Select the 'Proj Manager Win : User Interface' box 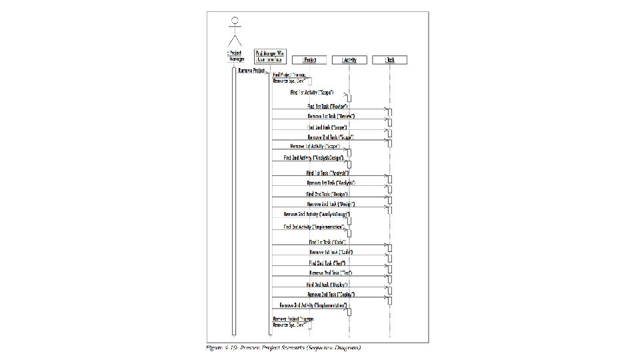point(269,54)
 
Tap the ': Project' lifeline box point(310,59)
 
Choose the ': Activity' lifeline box point(349,59)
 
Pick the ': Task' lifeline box point(389,59)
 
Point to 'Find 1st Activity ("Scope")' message point(312,93)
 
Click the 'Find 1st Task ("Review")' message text point(327,106)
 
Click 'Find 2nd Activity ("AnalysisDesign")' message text point(313,157)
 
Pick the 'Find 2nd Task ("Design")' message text point(327,193)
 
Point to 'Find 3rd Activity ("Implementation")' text point(313,227)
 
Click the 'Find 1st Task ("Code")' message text point(327,242)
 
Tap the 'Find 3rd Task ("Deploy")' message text point(327,284)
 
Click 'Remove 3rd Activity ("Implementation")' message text point(309,305)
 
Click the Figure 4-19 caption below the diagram point(283,347)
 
